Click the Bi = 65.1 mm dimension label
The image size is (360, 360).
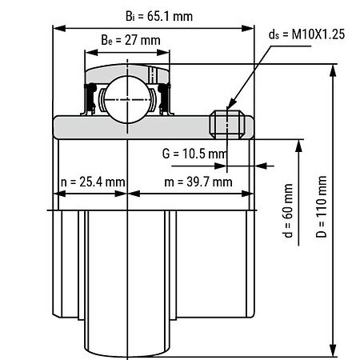(159, 16)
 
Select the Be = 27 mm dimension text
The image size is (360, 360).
(130, 40)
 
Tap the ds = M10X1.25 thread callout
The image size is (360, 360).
(306, 34)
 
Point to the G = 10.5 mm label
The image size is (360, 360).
(194, 154)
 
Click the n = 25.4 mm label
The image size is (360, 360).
(93, 182)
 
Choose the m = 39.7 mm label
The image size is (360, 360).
(198, 182)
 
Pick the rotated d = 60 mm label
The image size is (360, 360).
(288, 210)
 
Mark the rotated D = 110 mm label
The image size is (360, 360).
(321, 206)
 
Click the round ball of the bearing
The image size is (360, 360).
(127, 99)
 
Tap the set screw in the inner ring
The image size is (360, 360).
(227, 125)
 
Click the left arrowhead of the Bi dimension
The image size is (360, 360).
(59, 28)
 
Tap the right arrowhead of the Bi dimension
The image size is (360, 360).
(248, 28)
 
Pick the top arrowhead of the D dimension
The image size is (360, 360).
(332, 70)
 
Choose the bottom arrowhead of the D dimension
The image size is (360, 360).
(332, 350)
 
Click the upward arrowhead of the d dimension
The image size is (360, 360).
(298, 146)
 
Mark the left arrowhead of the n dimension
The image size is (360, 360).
(59, 194)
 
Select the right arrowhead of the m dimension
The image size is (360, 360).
(248, 194)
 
